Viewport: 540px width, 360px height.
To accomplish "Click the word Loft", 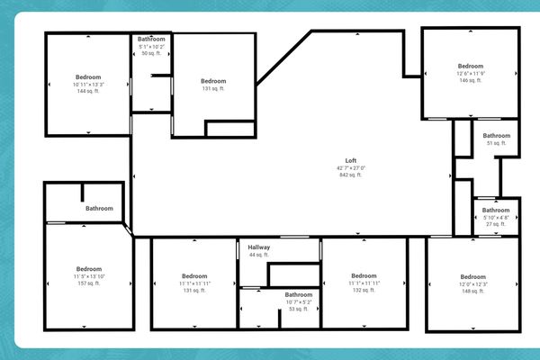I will point(351,161).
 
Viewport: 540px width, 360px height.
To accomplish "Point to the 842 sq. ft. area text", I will point(351,175).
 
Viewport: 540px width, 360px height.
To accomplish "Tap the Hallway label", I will point(259,247).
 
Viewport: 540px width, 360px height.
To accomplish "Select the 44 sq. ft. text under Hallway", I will point(259,256).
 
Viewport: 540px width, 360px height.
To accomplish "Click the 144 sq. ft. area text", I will point(88,92).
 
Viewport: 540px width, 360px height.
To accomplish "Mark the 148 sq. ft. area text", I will point(472,291).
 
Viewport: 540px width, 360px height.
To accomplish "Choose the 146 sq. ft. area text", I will point(471,81).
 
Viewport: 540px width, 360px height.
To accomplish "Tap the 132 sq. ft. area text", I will point(364,291).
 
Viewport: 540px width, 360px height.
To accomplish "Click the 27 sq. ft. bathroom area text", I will point(496,225).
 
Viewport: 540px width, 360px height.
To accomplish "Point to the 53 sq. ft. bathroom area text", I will point(299,309).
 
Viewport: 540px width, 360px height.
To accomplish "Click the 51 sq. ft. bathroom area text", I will point(496,143).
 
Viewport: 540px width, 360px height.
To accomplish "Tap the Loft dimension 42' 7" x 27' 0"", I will point(351,168).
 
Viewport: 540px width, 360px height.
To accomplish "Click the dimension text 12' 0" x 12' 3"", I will point(472,283).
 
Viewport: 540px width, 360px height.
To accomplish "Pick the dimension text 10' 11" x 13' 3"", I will point(88,85).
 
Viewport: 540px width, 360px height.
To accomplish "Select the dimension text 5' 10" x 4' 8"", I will point(496,218).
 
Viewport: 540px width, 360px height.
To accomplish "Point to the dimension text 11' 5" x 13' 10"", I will point(88,276).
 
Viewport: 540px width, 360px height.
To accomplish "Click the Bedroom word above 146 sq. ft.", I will point(471,66).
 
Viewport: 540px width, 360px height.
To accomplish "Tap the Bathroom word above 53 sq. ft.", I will point(299,294).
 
